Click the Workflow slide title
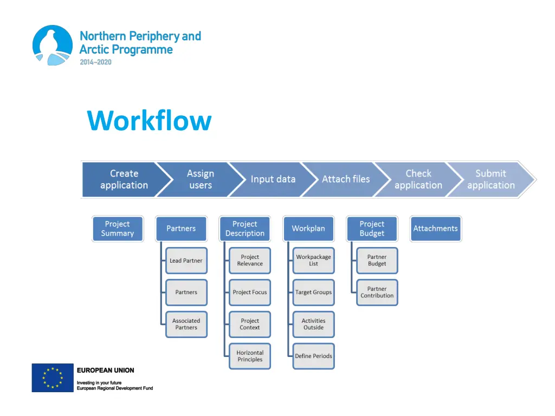pyautogui.click(x=149, y=120)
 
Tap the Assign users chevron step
pyautogui.click(x=201, y=179)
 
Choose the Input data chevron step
pyautogui.click(x=273, y=179)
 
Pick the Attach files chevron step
pyautogui.click(x=346, y=179)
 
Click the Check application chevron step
pyautogui.click(x=418, y=179)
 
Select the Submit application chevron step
pyautogui.click(x=491, y=179)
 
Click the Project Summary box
pyautogui.click(x=118, y=229)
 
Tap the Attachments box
pyautogui.click(x=436, y=229)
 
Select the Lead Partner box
pyautogui.click(x=186, y=261)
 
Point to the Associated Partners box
pyautogui.click(x=186, y=324)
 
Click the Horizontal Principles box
pyautogui.click(x=250, y=356)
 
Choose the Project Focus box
pyautogui.click(x=250, y=292)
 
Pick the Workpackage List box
pyautogui.click(x=314, y=261)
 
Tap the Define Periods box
pyautogui.click(x=314, y=356)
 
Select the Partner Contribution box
pyautogui.click(x=377, y=292)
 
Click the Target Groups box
pyautogui.click(x=314, y=292)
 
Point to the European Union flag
pyautogui.click(x=53, y=378)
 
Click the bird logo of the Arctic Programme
pyautogui.click(x=53, y=45)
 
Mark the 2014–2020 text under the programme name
pyautogui.click(x=95, y=62)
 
